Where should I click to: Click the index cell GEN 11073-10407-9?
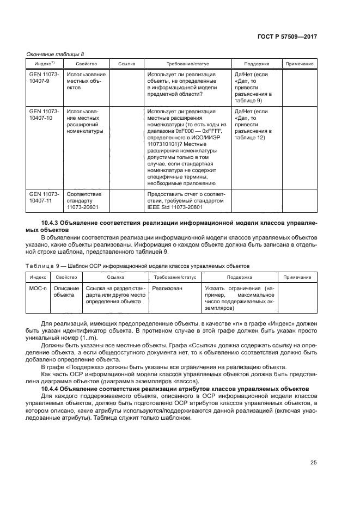pos(45,77)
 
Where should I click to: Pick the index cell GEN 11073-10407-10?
pos(45,114)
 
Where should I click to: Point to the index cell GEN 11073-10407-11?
pos(45,197)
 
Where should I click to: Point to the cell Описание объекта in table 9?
pos(66,292)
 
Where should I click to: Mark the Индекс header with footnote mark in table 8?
pos(45,64)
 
